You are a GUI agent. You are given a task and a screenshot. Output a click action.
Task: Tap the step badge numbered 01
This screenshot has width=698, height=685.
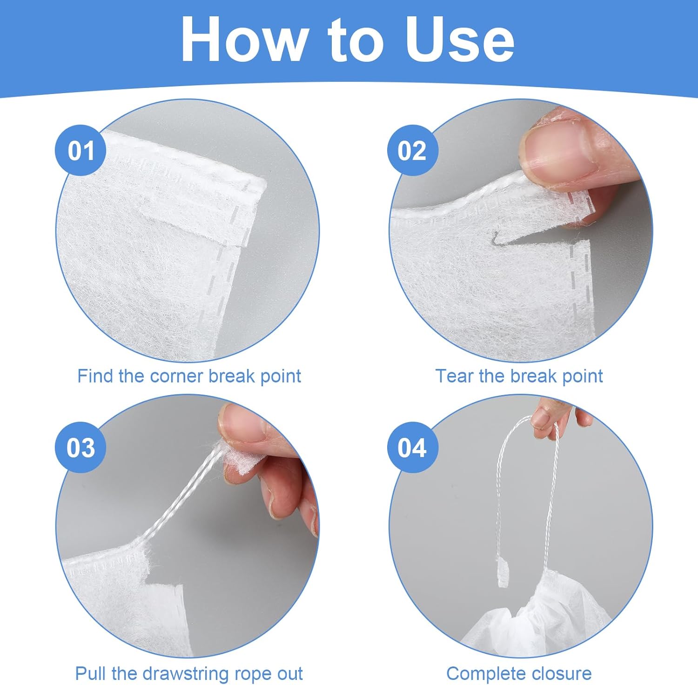(81, 151)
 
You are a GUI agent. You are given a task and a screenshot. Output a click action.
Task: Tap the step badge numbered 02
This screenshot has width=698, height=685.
(412, 151)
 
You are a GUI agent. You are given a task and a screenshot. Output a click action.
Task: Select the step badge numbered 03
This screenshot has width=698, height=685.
(81, 448)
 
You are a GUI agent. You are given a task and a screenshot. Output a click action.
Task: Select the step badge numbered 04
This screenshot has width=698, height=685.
(412, 448)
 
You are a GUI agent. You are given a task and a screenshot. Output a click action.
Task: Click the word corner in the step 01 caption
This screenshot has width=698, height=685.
(177, 376)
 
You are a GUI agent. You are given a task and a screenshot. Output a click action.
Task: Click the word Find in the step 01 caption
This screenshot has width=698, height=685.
(95, 376)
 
